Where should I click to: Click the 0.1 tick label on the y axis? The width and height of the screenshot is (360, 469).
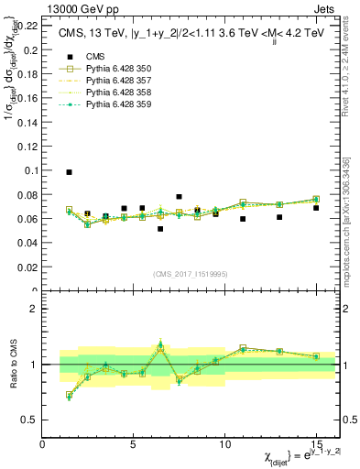click(x=32, y=170)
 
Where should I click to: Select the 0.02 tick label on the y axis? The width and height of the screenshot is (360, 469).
click(x=30, y=267)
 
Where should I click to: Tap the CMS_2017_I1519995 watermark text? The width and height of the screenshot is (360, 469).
click(x=191, y=273)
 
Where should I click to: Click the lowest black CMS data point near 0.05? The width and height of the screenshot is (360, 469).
click(x=160, y=229)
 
